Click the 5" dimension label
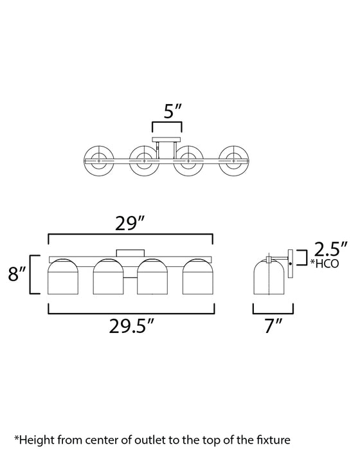pos(172,111)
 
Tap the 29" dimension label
pos(129,223)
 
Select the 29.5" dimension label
pos(132,326)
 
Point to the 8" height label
pos(17,273)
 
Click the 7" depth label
pos(274,326)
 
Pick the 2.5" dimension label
pos(330,249)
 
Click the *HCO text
pos(325,263)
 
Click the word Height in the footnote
pos(35,440)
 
